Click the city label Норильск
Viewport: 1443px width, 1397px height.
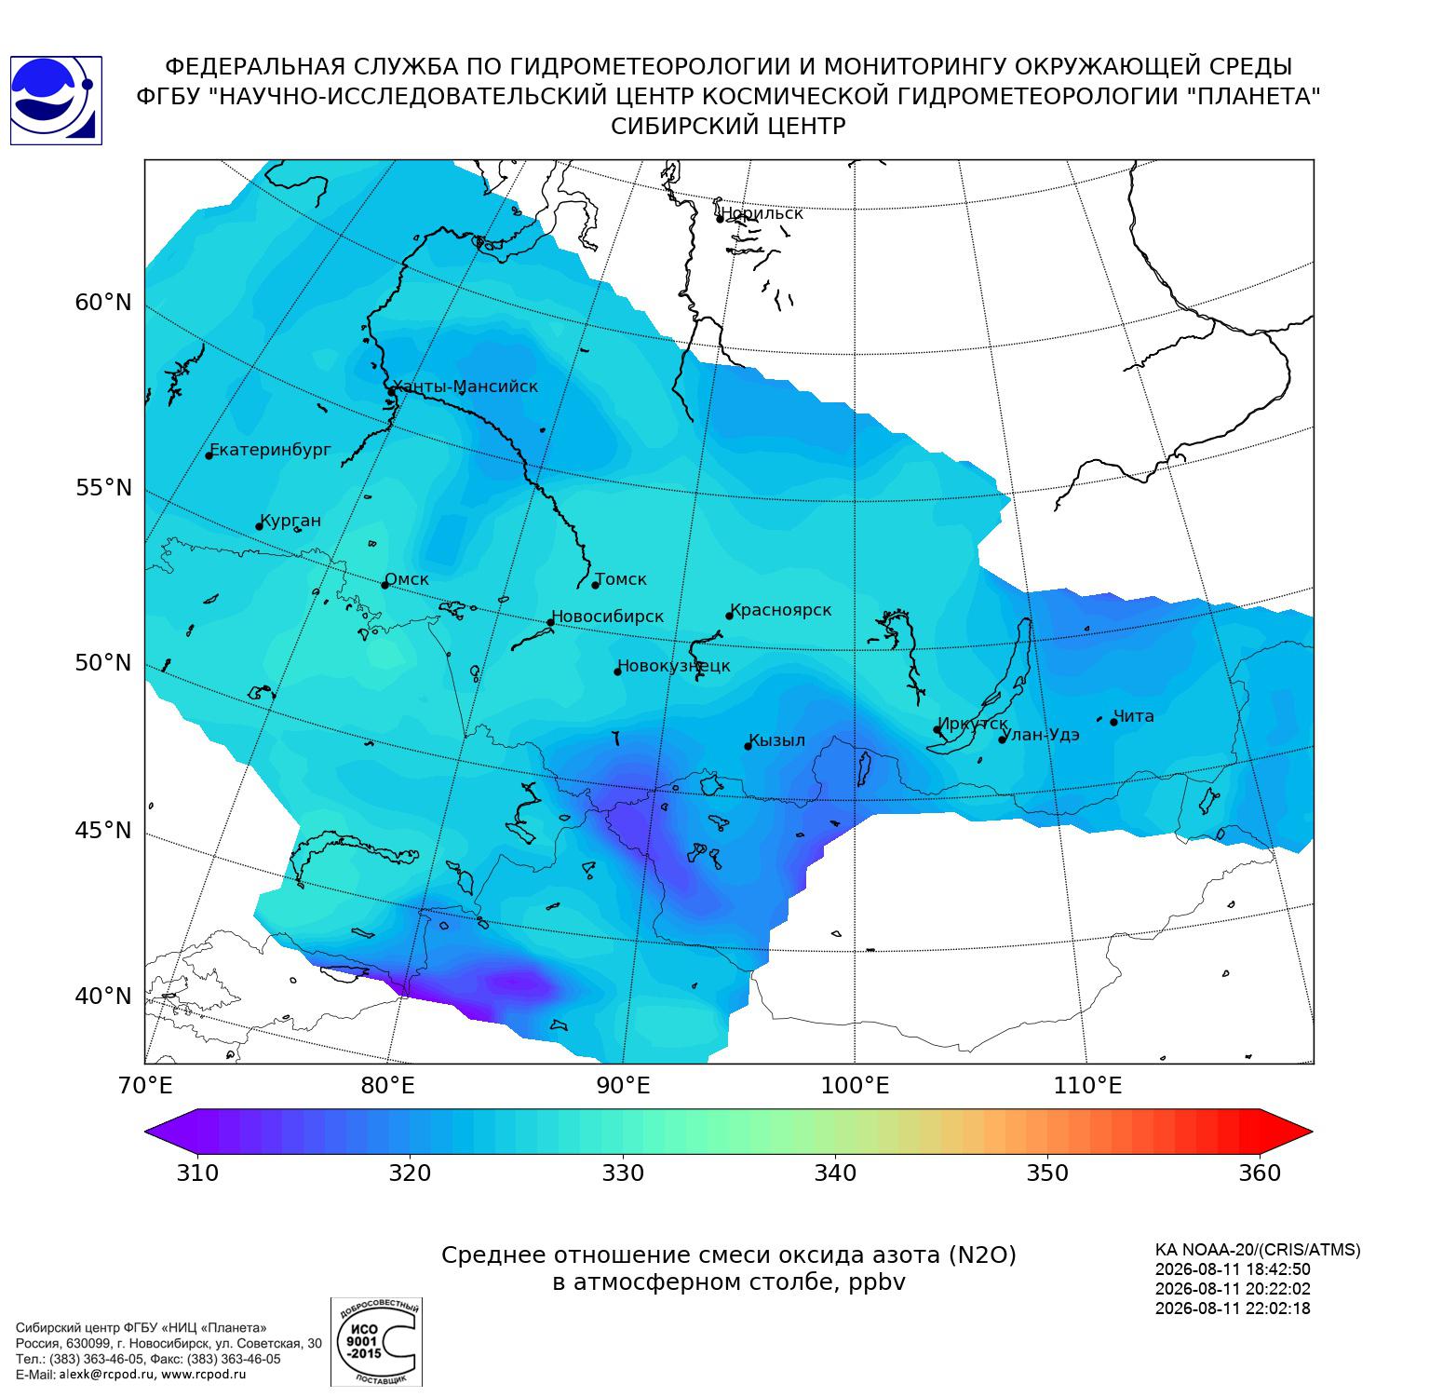coord(762,213)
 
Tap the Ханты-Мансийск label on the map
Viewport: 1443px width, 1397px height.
coord(465,387)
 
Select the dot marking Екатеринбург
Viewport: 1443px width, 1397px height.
coord(209,454)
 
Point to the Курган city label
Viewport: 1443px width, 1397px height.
coord(290,521)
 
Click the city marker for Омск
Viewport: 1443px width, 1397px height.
coord(384,585)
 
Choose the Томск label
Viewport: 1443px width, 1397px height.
coord(621,579)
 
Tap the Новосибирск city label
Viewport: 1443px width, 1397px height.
coord(607,617)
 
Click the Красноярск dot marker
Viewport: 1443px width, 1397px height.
coord(730,616)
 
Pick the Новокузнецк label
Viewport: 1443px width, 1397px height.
coord(674,666)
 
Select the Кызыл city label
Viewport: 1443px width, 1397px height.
coord(777,740)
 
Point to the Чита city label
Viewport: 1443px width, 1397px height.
coord(1134,716)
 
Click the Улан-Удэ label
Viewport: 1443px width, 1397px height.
coord(1042,734)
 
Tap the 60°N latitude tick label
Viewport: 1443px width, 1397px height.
coord(103,303)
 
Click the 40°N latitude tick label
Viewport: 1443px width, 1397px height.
coord(103,997)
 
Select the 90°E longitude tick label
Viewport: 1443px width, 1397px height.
coord(623,1086)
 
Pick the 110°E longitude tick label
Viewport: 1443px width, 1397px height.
coord(1086,1086)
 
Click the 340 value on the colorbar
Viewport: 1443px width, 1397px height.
coord(835,1173)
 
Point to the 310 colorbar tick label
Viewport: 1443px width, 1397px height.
coord(197,1173)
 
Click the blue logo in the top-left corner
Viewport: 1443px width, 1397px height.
coord(56,101)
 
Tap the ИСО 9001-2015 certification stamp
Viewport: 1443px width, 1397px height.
coord(376,1341)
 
